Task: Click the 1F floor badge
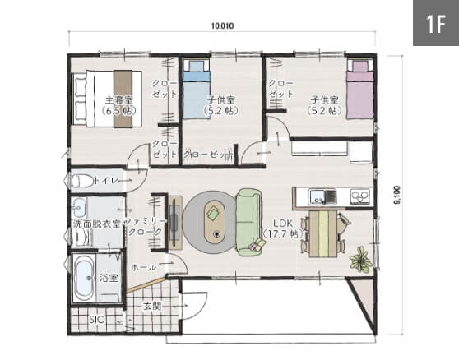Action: (436, 23)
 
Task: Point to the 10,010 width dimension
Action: (222, 26)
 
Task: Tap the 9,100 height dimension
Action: (397, 195)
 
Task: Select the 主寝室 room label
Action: (118, 100)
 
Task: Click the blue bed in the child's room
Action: (196, 90)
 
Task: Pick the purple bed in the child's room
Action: (359, 90)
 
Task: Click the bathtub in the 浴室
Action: (84, 278)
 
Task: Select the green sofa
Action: (249, 222)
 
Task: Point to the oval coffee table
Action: (216, 221)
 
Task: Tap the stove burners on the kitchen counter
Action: (360, 196)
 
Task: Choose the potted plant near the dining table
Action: (361, 260)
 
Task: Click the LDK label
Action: (283, 223)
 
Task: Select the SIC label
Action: (96, 320)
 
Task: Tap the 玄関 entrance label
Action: (152, 306)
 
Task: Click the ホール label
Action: (144, 267)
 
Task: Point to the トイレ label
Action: (106, 181)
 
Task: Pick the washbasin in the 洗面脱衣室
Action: (78, 207)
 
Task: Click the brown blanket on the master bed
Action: (123, 99)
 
